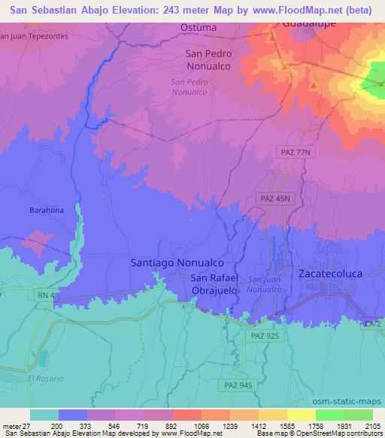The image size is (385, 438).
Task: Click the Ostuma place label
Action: click(x=199, y=28)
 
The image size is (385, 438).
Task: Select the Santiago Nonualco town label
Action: click(x=177, y=263)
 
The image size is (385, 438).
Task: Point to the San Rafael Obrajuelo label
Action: click(x=214, y=284)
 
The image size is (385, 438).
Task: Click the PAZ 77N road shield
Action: click(x=294, y=152)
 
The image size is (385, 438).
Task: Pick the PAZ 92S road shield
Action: click(x=262, y=336)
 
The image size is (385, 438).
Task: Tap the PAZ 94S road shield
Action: click(x=238, y=385)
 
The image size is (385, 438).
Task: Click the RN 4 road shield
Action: click(x=44, y=297)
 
